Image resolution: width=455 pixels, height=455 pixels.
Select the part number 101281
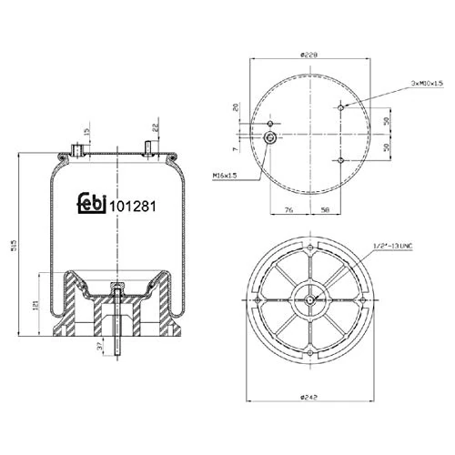[134, 206]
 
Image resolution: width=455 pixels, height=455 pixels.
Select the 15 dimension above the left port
[86, 133]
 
